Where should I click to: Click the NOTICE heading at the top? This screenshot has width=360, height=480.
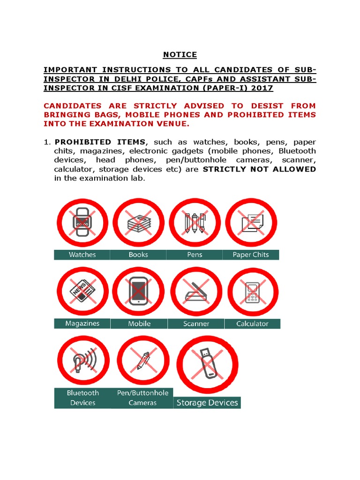[x=180, y=55]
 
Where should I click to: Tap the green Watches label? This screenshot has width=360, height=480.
[x=82, y=255]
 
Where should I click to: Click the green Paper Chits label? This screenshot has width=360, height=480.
[x=251, y=255]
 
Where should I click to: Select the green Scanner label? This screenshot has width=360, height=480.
[x=196, y=323]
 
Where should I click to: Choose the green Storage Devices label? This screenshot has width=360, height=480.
[x=207, y=403]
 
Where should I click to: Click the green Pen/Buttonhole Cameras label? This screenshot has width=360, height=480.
[x=142, y=398]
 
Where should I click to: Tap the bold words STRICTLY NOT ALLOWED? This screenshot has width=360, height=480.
[x=259, y=169]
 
